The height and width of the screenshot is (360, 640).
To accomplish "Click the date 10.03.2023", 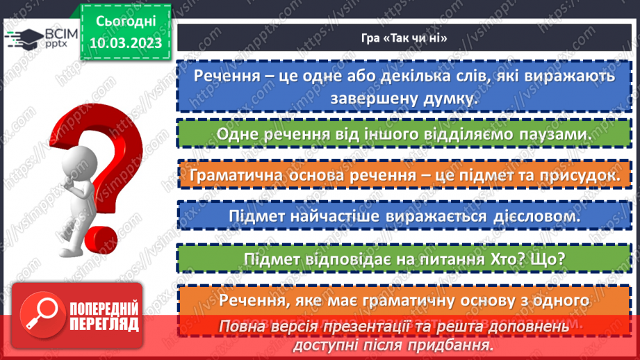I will (x=125, y=43).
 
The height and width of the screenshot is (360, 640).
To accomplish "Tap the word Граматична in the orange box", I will (x=233, y=177).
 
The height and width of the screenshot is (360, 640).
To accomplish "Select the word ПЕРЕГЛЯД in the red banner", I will (x=106, y=324).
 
